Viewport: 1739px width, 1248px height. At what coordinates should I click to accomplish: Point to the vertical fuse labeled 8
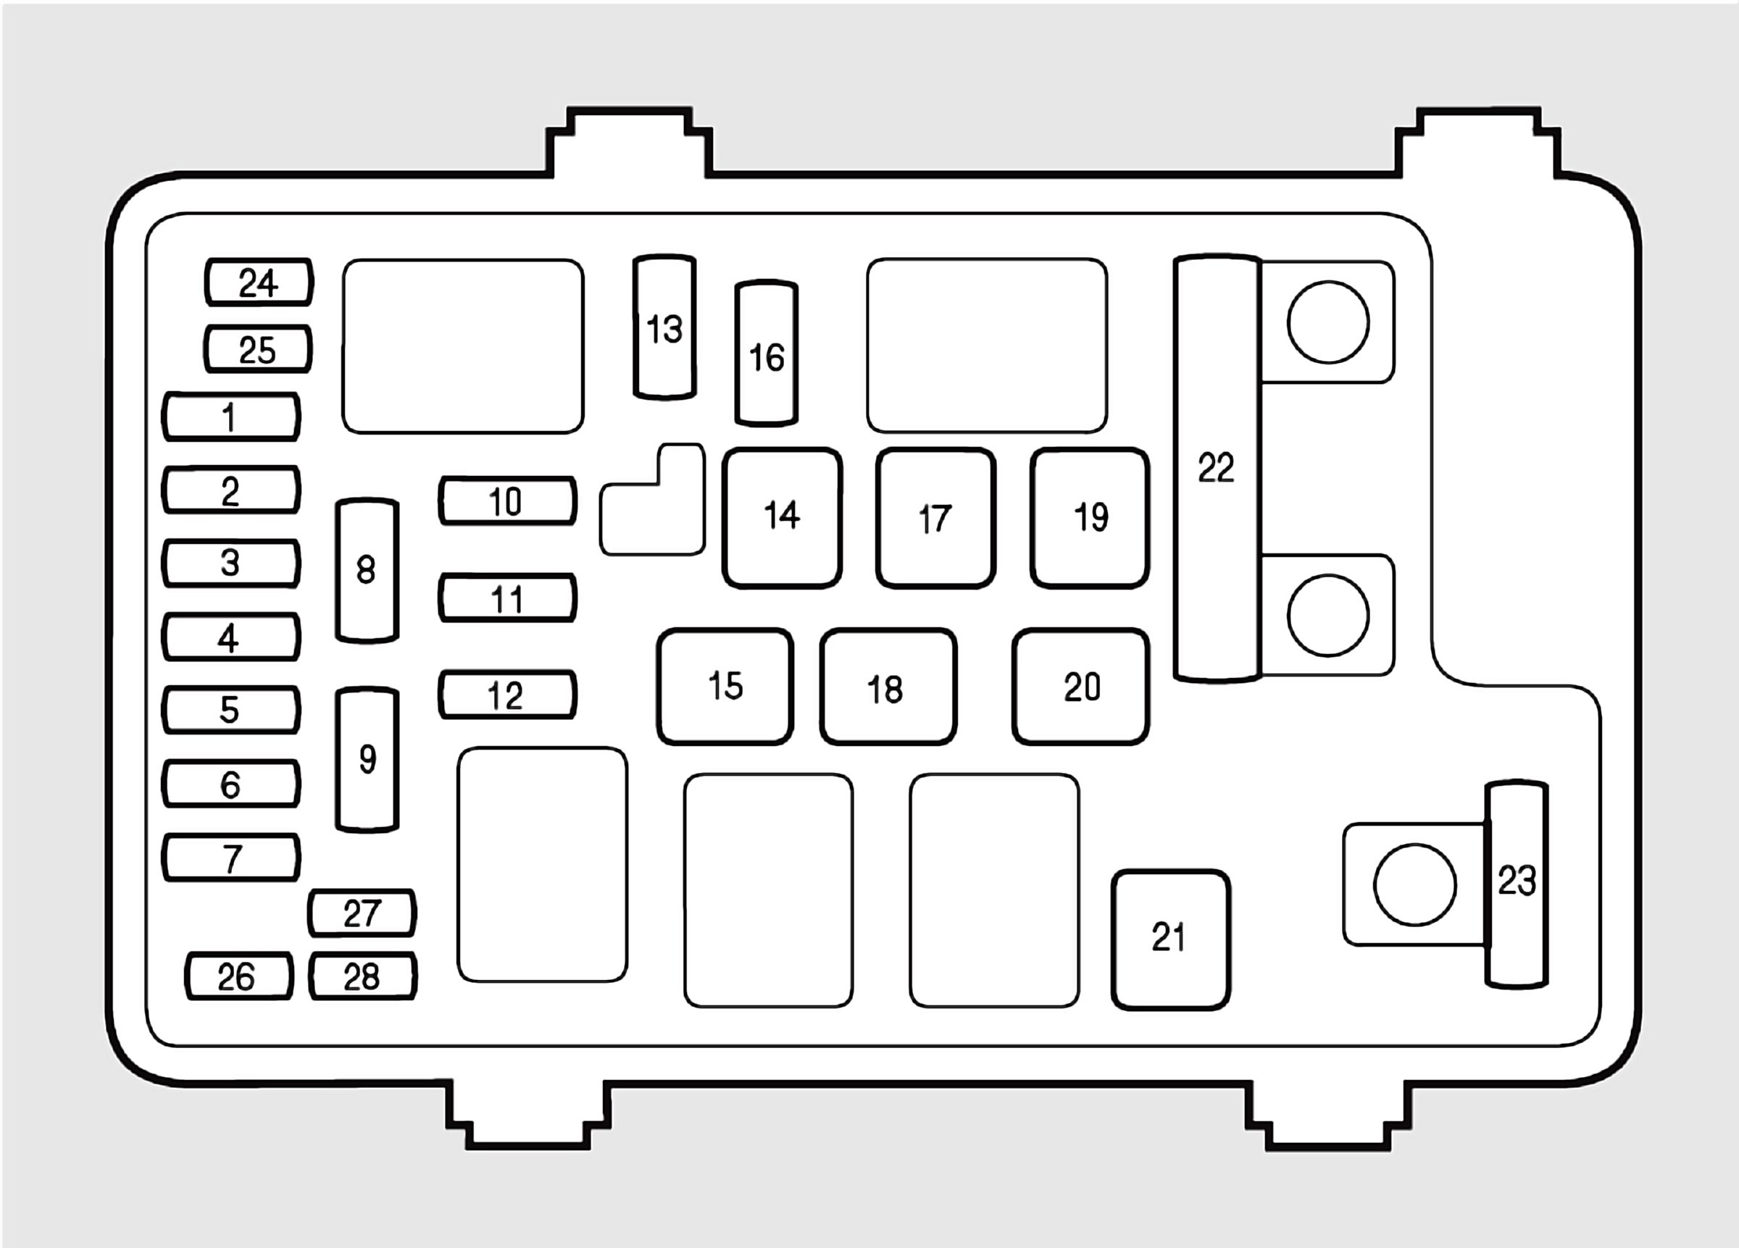pos(367,570)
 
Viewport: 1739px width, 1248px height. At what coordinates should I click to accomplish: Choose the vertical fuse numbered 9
pos(367,759)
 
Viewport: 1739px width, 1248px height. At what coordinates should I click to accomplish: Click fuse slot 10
pos(506,501)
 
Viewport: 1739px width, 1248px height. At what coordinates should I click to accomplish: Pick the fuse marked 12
pos(506,695)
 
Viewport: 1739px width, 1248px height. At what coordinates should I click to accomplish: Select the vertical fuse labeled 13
pos(664,328)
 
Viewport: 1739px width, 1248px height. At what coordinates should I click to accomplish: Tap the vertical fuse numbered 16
pos(766,354)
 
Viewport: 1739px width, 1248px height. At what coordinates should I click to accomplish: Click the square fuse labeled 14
pos(781,517)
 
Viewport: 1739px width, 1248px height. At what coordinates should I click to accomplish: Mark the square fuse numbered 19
pos(1090,517)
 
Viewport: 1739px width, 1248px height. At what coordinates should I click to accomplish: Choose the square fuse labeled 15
pos(725,686)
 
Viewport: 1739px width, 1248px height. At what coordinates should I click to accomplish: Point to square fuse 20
pos(1080,686)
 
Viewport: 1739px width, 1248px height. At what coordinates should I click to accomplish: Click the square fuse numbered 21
pos(1170,939)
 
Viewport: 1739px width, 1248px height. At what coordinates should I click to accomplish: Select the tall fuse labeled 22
pos(1217,468)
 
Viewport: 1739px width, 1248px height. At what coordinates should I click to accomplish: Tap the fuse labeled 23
pos(1516,883)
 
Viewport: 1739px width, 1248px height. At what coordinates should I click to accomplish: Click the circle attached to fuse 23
pos(1414,884)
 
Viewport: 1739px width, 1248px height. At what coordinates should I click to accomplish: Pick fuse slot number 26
pos(238,976)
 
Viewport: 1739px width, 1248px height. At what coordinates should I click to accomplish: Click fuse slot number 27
pos(362,913)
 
